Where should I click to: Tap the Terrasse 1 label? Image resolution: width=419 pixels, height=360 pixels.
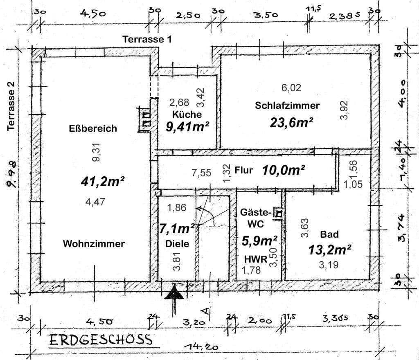coord(147,39)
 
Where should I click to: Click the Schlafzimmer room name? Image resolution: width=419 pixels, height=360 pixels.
coord(287,105)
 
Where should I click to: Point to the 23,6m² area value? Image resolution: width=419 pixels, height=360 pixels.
coord(291,122)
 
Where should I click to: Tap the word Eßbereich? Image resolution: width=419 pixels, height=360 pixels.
coord(93,128)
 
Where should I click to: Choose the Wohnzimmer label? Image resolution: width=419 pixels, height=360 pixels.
coord(93,244)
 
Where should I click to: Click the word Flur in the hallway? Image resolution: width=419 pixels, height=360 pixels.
coord(244,170)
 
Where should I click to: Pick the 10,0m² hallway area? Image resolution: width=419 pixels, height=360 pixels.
coord(284,170)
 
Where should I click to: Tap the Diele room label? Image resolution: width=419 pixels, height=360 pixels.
coord(177,243)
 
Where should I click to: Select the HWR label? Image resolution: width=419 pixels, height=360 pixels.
coord(256,259)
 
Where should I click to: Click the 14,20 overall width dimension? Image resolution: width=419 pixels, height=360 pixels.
coord(200,347)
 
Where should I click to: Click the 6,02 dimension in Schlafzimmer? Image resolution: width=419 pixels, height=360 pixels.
coord(291,88)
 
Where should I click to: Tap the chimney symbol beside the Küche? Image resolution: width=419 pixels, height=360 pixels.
coord(145,119)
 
